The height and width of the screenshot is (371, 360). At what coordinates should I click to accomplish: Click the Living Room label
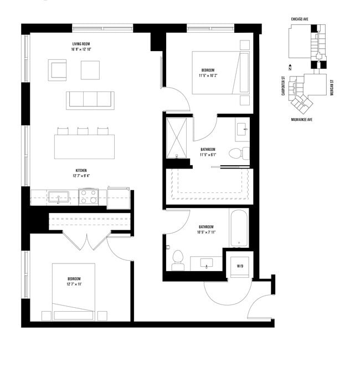click(81, 44)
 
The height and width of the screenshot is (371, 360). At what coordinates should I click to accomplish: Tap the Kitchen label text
click(81, 170)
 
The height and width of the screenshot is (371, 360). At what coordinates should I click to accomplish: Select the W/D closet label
click(240, 266)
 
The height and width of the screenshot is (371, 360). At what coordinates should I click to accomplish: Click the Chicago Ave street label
click(300, 18)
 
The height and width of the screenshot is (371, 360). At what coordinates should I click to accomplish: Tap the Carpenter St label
click(283, 86)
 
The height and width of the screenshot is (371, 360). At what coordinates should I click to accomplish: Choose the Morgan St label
click(331, 86)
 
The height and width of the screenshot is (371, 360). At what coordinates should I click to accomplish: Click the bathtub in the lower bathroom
click(239, 228)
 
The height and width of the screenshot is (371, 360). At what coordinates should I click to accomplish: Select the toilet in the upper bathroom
click(239, 153)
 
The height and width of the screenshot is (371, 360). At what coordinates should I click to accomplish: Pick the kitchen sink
click(58, 196)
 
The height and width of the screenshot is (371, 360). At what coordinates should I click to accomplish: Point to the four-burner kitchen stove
click(88, 196)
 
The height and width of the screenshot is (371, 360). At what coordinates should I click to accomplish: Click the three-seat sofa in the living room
click(90, 100)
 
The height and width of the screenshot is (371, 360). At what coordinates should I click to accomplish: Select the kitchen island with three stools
click(84, 145)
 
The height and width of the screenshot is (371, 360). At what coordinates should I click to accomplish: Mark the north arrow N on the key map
click(299, 68)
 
